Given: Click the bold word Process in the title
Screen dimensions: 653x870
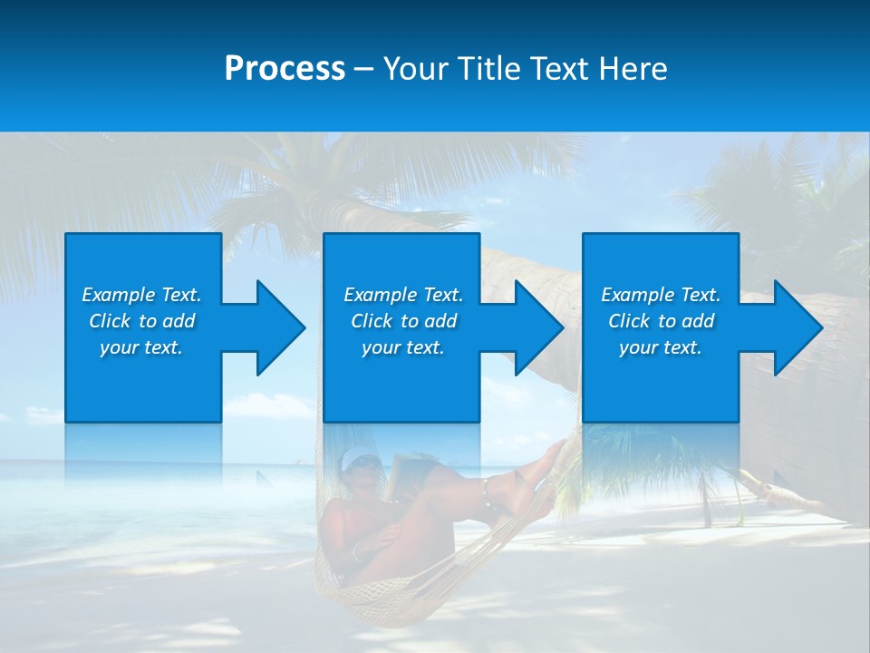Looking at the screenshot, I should (x=285, y=69).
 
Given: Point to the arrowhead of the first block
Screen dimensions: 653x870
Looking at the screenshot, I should (x=276, y=327).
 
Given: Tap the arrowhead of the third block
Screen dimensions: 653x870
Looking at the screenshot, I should (x=794, y=327).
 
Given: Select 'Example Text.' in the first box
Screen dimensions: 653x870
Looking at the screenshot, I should (x=141, y=295).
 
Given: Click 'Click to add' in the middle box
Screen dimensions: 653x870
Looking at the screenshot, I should (x=403, y=321).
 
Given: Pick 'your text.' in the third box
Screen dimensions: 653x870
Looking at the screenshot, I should (x=661, y=347).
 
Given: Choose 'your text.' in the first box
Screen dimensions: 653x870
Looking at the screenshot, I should (x=141, y=347).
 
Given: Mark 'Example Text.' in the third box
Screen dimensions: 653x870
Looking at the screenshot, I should (x=661, y=295).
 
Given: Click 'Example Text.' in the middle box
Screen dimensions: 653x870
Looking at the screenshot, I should (x=403, y=295).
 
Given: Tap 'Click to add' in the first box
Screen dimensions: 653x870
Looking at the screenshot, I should (x=141, y=321).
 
